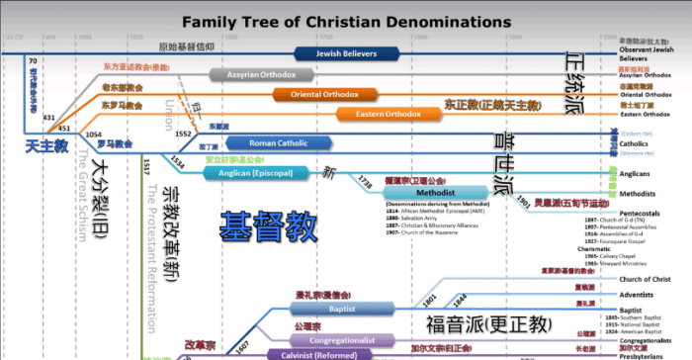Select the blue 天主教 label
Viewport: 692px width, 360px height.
click(46, 145)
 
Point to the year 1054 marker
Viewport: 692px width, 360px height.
click(95, 133)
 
